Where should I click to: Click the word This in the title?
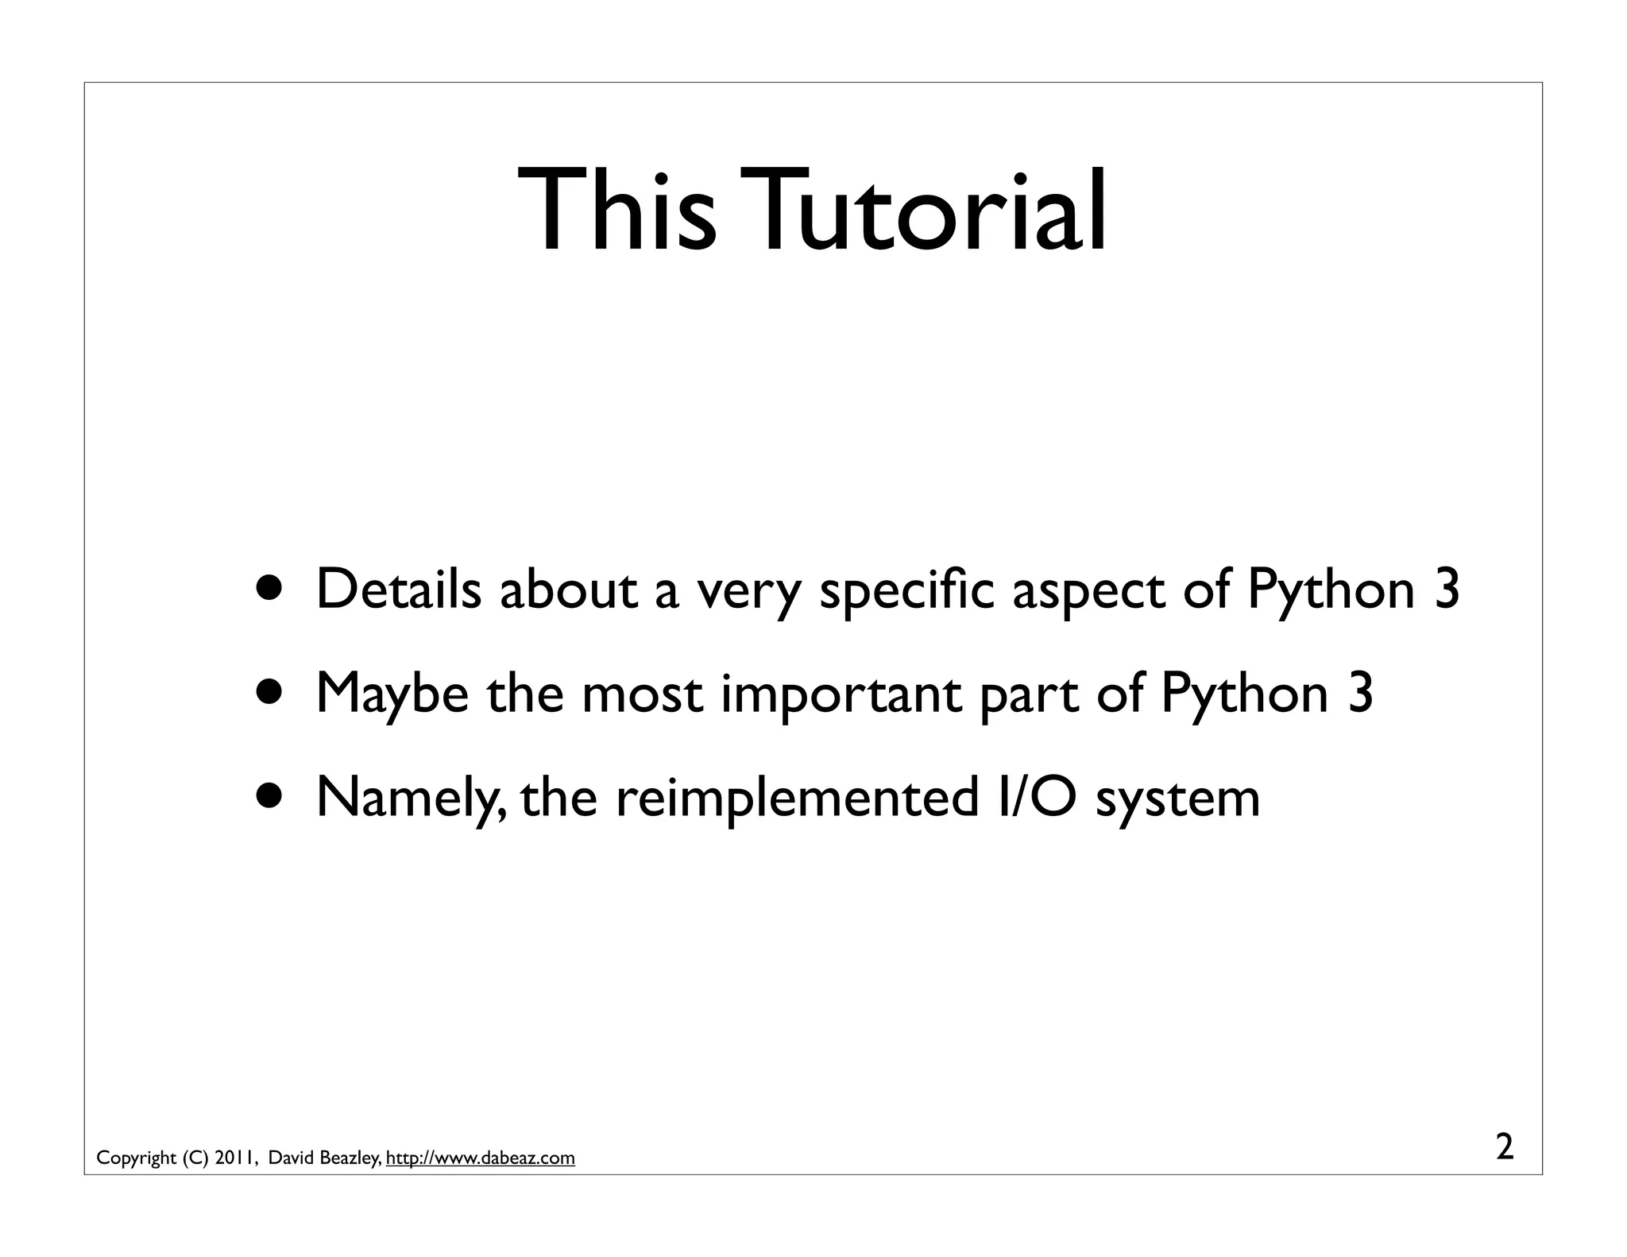[x=616, y=211]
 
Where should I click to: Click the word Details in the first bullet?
[x=399, y=590]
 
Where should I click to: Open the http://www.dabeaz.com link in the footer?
[x=480, y=1158]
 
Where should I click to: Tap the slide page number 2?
[x=1505, y=1148]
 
